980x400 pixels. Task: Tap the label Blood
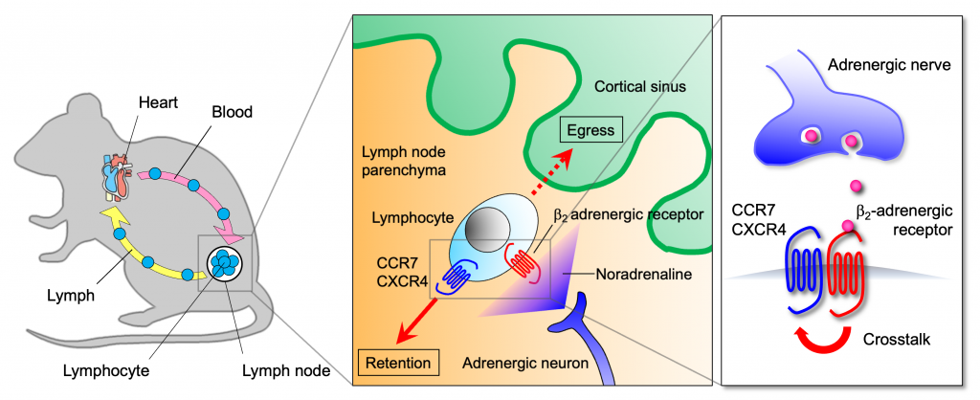pos(232,112)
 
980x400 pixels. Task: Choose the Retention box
pos(398,363)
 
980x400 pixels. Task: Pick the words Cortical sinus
pos(636,86)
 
